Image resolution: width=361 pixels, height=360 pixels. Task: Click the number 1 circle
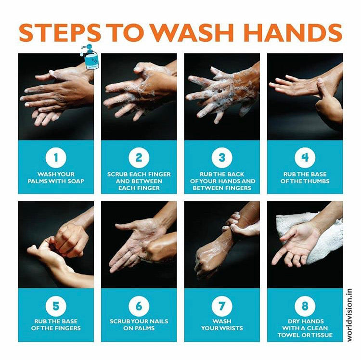[56, 158]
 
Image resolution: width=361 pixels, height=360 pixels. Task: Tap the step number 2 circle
[139, 158]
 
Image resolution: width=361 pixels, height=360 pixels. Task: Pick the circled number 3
[222, 158]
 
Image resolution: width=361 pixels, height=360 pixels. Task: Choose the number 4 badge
[305, 158]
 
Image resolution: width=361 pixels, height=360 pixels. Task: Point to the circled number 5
[56, 306]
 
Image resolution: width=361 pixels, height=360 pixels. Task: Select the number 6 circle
[139, 306]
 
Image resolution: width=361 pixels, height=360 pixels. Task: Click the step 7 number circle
[222, 306]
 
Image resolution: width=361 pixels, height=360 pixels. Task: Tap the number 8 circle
[305, 306]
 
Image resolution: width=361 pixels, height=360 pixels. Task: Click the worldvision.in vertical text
[349, 315]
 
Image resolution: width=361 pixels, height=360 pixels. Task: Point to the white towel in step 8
[322, 239]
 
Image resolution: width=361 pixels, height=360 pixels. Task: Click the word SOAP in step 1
[76, 181]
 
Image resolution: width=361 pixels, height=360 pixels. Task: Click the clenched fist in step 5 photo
[72, 240]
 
